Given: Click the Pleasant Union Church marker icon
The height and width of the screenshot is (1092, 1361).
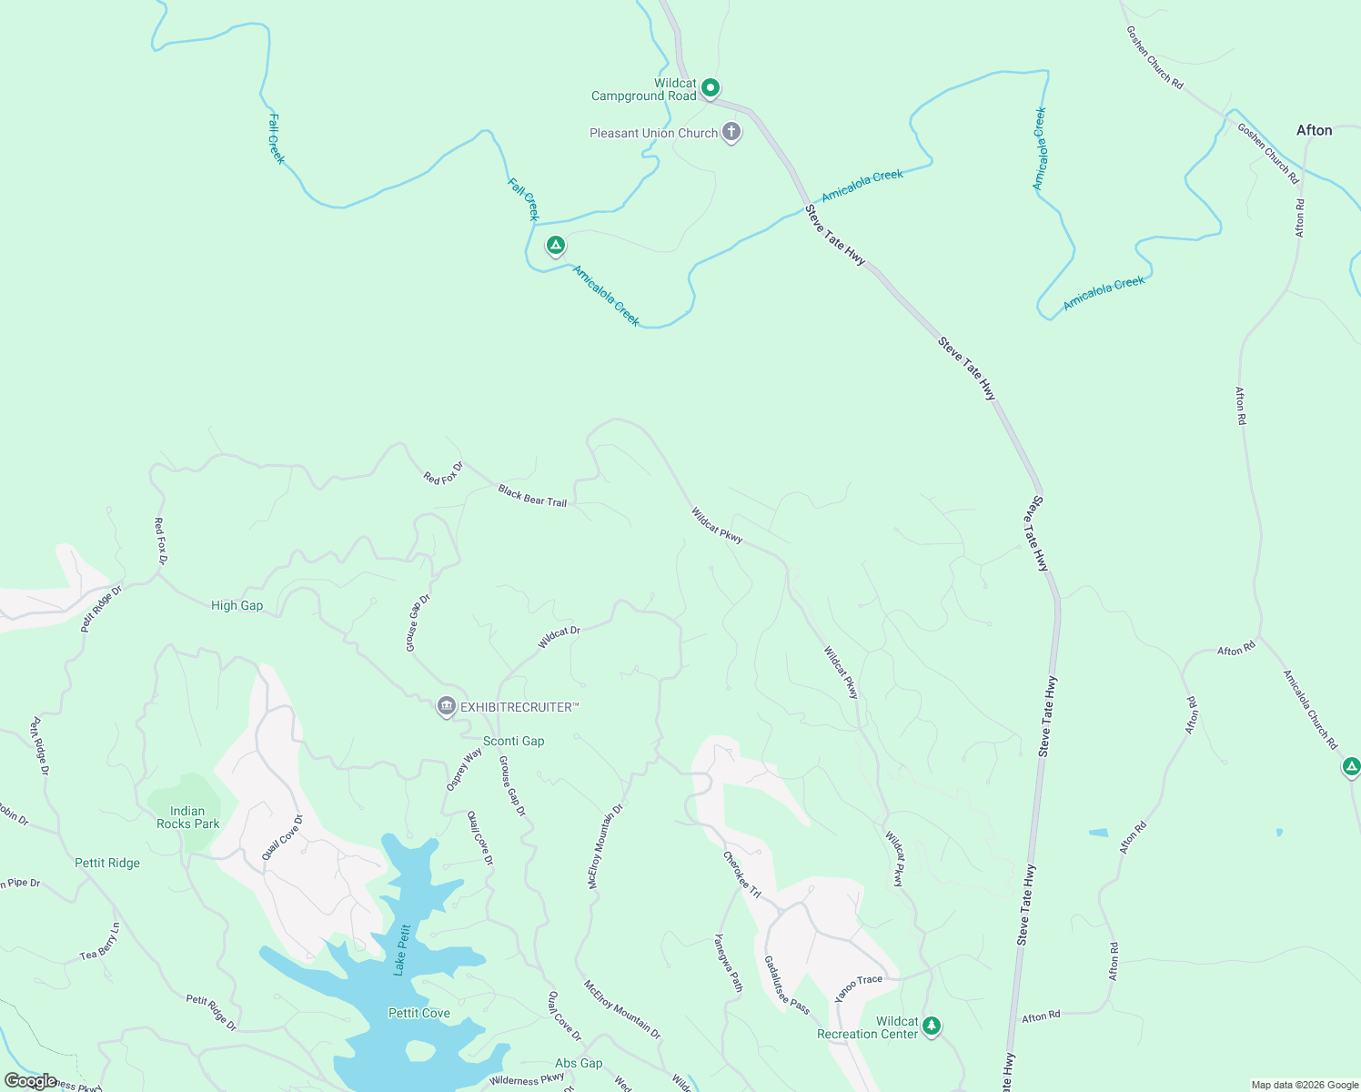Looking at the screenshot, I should pyautogui.click(x=731, y=132).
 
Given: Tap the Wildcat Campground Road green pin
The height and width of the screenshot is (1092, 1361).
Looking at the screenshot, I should pyautogui.click(x=711, y=88).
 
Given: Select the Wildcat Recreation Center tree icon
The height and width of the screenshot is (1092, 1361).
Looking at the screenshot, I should pyautogui.click(x=931, y=1026).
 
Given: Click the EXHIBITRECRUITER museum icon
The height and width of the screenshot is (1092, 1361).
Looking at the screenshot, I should pyautogui.click(x=446, y=706).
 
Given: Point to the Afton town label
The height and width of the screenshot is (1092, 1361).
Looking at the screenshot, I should pyautogui.click(x=1314, y=130).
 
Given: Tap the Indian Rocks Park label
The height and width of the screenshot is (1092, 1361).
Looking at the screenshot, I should pyautogui.click(x=187, y=817).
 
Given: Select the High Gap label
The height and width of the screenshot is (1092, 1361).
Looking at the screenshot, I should pyautogui.click(x=237, y=605).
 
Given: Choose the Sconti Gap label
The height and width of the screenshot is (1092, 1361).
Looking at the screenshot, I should pyautogui.click(x=513, y=741).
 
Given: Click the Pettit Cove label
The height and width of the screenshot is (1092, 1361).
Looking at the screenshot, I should pyautogui.click(x=418, y=1013).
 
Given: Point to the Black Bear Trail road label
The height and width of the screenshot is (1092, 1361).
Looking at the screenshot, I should pyautogui.click(x=532, y=496).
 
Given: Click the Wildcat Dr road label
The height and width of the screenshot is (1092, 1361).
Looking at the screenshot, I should pyautogui.click(x=559, y=637).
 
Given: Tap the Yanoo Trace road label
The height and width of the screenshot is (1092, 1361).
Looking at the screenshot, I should pyautogui.click(x=859, y=986).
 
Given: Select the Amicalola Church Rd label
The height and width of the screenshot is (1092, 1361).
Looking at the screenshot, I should pyautogui.click(x=1310, y=710).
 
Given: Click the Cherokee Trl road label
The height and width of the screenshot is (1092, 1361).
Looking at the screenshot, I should pyautogui.click(x=741, y=875).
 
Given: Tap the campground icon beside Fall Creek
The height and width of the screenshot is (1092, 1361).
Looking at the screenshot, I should pyautogui.click(x=555, y=246).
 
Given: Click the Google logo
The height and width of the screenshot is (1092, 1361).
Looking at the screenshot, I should pyautogui.click(x=30, y=1081).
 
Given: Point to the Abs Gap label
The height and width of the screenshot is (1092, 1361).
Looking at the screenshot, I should pyautogui.click(x=579, y=1063).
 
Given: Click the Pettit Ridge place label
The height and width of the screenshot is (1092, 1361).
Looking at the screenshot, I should pyautogui.click(x=107, y=863).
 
